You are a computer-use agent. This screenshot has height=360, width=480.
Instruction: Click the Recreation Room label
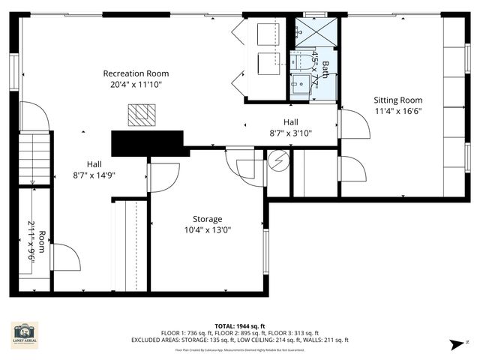136,73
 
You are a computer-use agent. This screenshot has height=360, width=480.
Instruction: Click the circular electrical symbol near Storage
278,161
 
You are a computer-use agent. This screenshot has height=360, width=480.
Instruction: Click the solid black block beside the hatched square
147,142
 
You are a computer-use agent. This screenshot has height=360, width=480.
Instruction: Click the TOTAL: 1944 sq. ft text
239,326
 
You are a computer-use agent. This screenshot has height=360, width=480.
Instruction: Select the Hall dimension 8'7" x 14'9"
94,175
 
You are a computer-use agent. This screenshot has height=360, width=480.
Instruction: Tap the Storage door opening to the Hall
163,178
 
